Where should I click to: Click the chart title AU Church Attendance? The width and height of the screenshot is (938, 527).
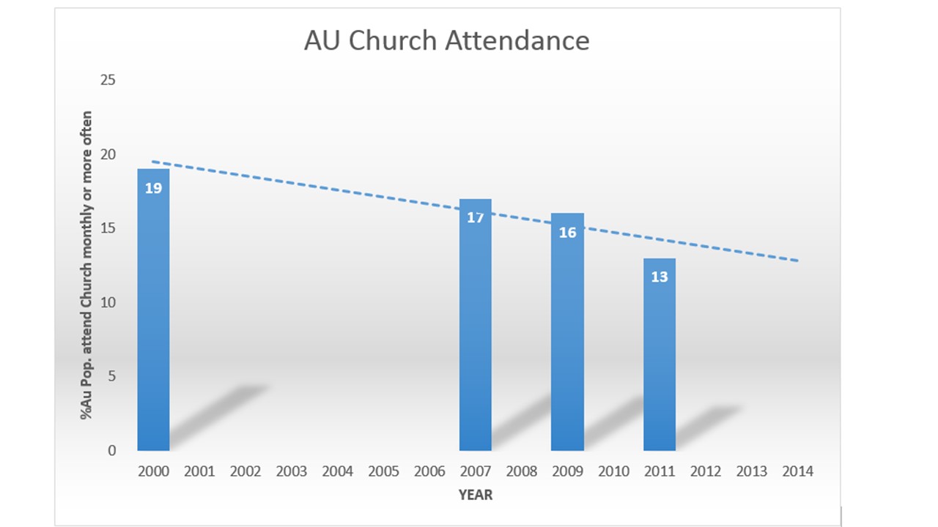tap(446, 41)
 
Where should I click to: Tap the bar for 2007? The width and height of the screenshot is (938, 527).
tap(475, 337)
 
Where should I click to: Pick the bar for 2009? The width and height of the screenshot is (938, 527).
tap(567, 344)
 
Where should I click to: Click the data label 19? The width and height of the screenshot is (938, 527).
tap(153, 188)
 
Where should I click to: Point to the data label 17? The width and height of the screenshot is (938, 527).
tap(475, 217)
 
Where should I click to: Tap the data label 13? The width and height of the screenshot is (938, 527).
tap(660, 277)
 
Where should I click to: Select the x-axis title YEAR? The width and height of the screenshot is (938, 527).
tap(476, 496)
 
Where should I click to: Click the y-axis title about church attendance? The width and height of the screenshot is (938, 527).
tap(87, 265)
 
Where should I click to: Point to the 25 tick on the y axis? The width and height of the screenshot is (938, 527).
tap(108, 80)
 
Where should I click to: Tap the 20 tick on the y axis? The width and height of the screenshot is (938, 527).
tap(108, 154)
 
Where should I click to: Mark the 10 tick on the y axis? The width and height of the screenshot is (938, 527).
tap(108, 302)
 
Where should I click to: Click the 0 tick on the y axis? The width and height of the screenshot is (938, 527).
tap(111, 450)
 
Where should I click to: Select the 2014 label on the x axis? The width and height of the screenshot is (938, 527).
tap(797, 471)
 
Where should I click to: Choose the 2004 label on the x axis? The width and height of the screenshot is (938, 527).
tap(337, 471)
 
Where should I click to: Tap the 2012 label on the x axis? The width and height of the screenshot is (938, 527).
tap(706, 471)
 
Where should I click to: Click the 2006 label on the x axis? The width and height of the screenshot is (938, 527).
tap(429, 471)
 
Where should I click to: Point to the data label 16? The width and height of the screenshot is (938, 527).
tap(567, 233)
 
